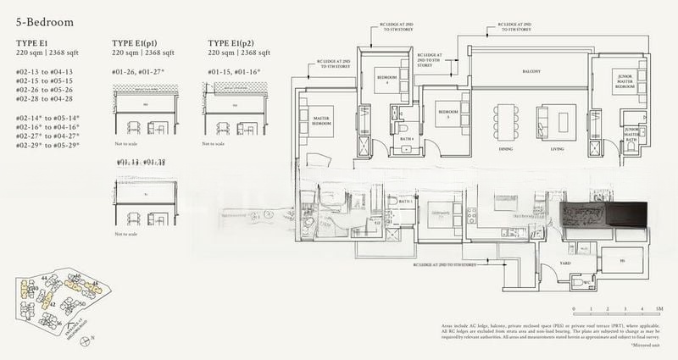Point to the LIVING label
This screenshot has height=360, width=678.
(x=557, y=148)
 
